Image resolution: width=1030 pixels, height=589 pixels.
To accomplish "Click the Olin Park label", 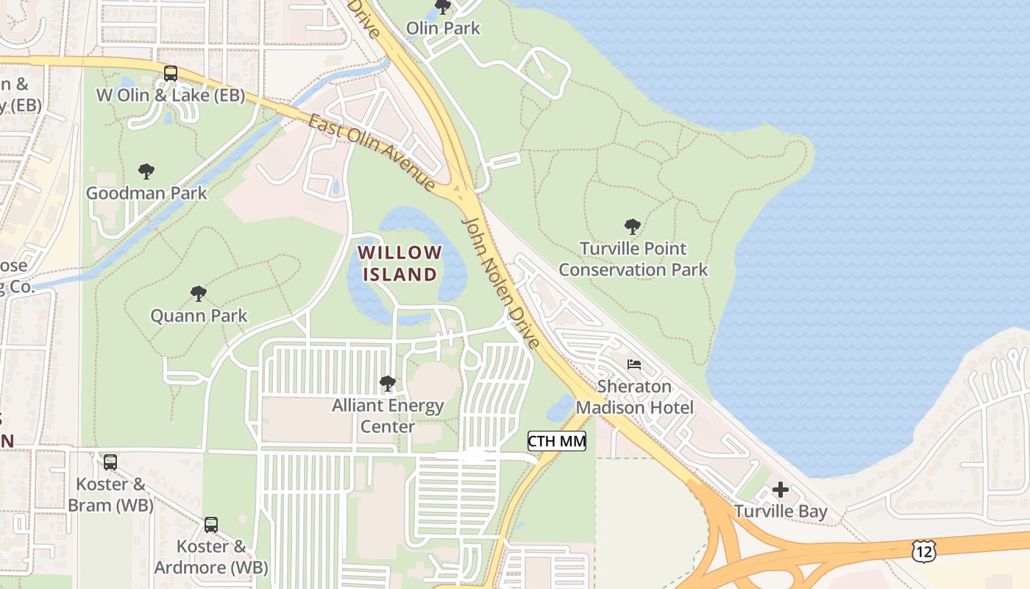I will click(443, 29).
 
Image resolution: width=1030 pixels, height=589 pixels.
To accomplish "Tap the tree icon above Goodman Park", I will click(146, 172).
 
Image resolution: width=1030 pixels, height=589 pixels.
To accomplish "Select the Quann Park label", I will click(199, 316).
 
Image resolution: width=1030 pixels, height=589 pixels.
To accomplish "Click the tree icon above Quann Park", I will click(198, 294).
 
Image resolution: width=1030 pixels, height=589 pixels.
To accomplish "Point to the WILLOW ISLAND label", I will click(400, 264).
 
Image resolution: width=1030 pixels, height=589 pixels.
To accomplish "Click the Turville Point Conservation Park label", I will click(633, 259).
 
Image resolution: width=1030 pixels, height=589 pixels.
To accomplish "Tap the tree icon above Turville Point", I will click(632, 226).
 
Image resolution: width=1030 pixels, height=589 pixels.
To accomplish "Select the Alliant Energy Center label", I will click(388, 415).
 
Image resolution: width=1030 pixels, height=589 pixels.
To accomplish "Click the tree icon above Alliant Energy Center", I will click(387, 383).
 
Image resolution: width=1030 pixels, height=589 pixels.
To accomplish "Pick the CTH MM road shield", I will click(557, 441).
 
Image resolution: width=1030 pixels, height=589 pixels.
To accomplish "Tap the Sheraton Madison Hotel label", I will click(634, 397).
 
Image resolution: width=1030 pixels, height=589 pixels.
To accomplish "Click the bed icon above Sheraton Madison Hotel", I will click(634, 364).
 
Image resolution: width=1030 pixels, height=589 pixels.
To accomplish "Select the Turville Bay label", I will click(781, 511).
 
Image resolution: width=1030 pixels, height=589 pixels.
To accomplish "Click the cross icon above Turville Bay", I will click(781, 490).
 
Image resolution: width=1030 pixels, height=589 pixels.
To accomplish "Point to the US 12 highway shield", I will click(924, 551).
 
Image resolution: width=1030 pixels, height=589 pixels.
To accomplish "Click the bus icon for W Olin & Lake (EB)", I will click(171, 73).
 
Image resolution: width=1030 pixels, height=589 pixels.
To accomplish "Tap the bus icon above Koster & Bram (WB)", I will click(110, 462).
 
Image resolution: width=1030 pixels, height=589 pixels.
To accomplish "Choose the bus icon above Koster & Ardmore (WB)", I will click(211, 525).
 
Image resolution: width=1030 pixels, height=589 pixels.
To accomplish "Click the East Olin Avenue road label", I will click(372, 152).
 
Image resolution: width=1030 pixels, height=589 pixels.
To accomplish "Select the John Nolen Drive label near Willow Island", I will click(500, 281).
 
